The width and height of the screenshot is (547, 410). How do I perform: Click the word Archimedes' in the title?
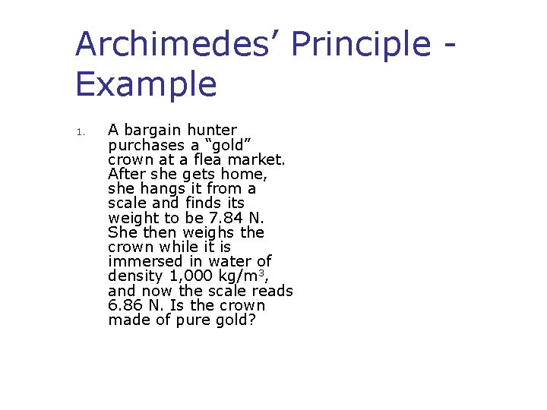178,44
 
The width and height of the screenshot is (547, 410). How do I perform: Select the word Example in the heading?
146,84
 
